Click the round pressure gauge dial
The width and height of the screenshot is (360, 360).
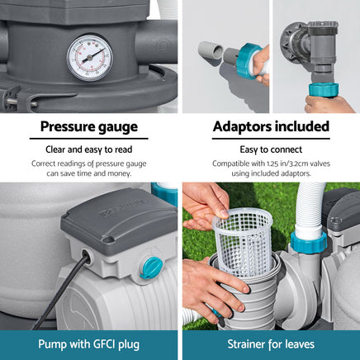click(90, 58)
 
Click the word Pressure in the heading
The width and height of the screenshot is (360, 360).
click(65, 127)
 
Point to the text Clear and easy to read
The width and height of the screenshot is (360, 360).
click(89, 149)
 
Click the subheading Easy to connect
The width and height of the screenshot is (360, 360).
click(271, 149)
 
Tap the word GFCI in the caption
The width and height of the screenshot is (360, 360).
click(100, 344)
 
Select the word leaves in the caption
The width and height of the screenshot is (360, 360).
click(300, 344)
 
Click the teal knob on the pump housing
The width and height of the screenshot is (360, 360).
click(151, 268)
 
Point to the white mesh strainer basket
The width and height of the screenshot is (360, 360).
click(243, 241)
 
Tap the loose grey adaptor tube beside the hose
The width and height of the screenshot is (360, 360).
click(211, 50)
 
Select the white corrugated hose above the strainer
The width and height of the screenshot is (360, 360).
click(310, 207)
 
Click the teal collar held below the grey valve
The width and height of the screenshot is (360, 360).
click(324, 90)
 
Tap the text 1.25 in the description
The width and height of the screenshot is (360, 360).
click(273, 163)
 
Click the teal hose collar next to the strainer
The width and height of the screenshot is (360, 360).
click(309, 241)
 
